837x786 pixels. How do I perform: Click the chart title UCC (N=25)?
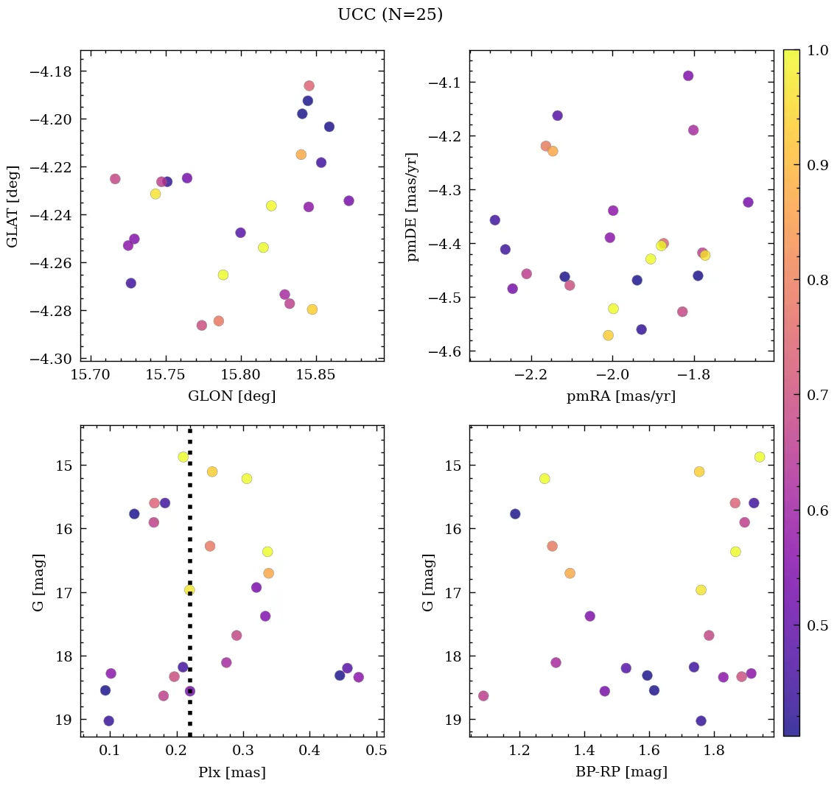390,15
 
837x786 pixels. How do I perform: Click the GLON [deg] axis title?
232,396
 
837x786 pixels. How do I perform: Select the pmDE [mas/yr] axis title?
413,207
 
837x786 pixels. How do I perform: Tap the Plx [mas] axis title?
232,773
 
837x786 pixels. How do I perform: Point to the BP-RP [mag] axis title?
621,773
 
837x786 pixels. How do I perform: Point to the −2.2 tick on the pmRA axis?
531,376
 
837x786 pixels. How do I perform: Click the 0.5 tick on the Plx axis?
377,752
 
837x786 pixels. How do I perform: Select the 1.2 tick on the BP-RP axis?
520,752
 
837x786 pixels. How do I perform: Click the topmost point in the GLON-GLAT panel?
309,85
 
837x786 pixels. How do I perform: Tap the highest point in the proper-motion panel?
688,76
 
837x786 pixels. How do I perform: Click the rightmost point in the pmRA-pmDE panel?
748,202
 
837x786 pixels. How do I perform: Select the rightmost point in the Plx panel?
359,677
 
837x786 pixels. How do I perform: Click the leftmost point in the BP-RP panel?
483,695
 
